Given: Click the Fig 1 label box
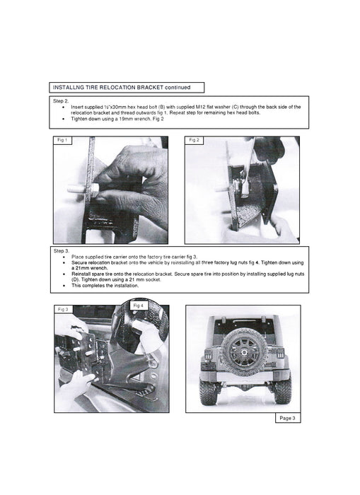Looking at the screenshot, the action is (62, 140).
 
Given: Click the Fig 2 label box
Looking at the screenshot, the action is (194, 140).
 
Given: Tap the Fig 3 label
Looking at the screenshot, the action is (63, 310).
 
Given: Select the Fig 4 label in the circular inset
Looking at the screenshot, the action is (139, 305).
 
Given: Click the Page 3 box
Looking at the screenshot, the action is (288, 418).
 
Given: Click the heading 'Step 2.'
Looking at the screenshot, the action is (61, 101).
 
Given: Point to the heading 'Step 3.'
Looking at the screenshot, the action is (62, 251).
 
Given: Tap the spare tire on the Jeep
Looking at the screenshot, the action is (243, 351).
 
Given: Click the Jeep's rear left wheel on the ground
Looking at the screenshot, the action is (208, 392).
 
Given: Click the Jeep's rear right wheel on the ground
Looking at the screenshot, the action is (282, 391).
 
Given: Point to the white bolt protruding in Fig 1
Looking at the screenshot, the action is (76, 190).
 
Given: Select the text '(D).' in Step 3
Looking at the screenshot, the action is (76, 280).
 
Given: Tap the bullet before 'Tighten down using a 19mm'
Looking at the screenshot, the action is (64, 119).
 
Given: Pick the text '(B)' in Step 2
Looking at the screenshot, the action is (161, 107).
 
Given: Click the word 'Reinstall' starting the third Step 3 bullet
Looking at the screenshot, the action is (81, 274).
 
